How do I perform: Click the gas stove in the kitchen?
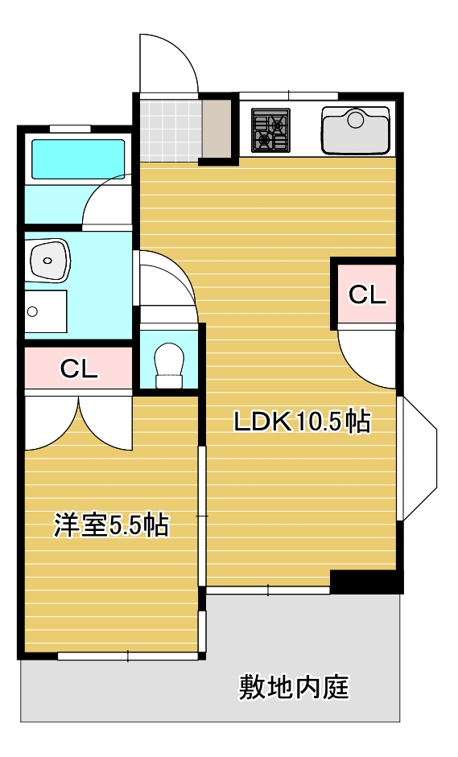click(270, 130)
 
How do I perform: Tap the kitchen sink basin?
click(356, 130)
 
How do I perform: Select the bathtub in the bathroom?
click(78, 159)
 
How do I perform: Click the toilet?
click(169, 365)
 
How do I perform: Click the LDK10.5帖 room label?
click(302, 422)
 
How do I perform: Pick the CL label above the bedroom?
click(79, 369)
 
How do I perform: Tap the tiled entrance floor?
click(170, 130)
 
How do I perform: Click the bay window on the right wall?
click(417, 459)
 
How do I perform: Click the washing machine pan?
click(45, 311)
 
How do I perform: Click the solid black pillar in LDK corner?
click(365, 582)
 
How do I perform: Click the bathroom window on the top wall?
click(70, 129)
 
